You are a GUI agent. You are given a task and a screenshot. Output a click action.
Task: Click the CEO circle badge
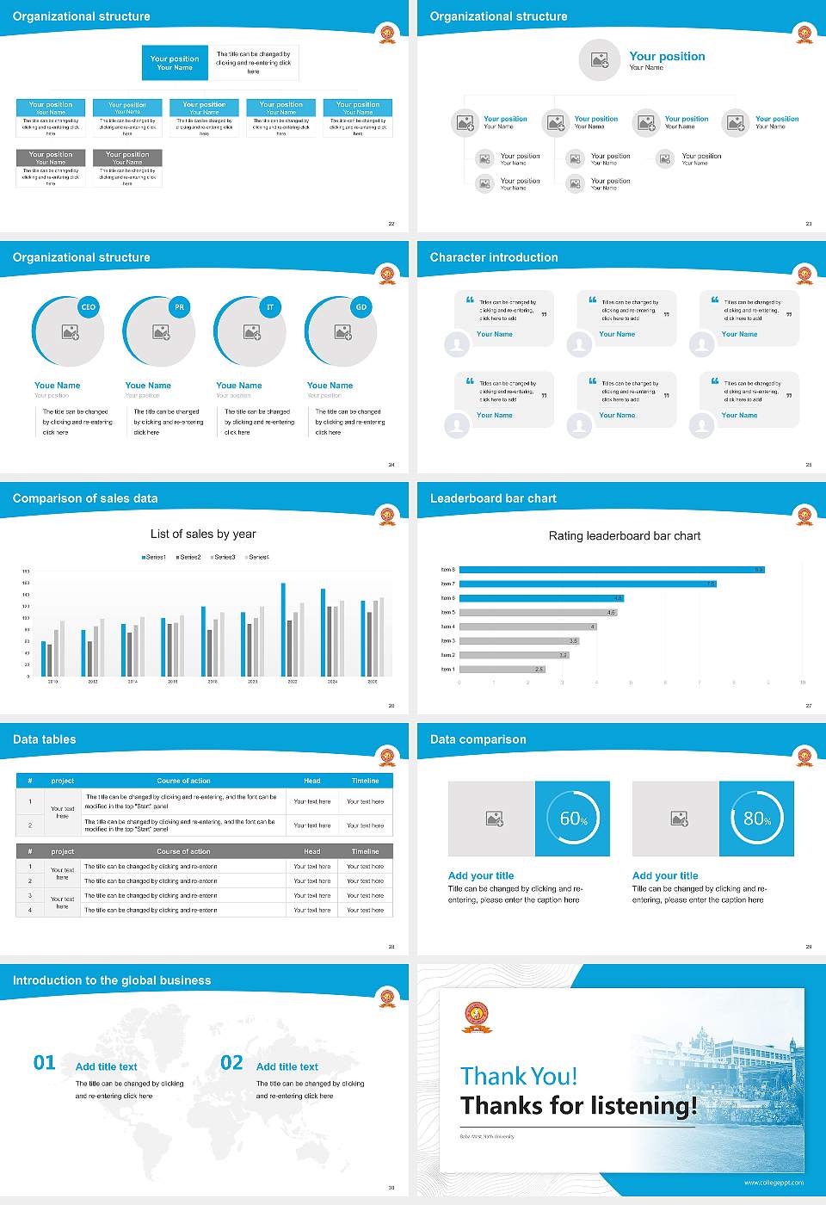[x=89, y=307]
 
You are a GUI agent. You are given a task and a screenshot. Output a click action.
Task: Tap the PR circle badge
[x=179, y=307]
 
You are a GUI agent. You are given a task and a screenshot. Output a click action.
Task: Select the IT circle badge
[x=270, y=307]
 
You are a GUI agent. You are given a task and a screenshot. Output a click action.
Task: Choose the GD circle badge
[x=361, y=307]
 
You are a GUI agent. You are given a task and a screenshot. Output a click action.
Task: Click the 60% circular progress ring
[x=573, y=819]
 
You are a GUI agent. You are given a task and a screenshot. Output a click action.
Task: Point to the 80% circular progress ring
[x=756, y=819]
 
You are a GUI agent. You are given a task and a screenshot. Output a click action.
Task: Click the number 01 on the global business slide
[x=44, y=1063]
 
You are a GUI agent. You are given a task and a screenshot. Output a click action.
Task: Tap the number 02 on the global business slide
[x=231, y=1063]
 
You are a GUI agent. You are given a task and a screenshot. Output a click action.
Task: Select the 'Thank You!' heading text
[x=519, y=1076]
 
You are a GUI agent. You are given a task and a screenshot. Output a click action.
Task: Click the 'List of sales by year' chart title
[x=203, y=535]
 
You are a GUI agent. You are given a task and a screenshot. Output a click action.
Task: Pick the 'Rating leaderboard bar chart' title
[x=625, y=536]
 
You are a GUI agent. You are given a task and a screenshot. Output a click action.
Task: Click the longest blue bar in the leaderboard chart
[x=612, y=570]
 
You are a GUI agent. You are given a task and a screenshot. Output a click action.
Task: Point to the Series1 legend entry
[x=154, y=558]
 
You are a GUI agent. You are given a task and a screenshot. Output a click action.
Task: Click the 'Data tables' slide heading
[x=45, y=739]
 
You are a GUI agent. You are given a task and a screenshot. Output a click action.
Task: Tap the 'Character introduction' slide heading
[x=494, y=257]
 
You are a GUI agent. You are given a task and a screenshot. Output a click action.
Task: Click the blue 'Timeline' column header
[x=365, y=781]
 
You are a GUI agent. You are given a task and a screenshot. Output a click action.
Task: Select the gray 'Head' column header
[x=311, y=851]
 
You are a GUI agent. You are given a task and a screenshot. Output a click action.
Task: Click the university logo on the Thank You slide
[x=478, y=1017]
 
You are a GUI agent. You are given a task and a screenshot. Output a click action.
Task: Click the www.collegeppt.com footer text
[x=774, y=1183]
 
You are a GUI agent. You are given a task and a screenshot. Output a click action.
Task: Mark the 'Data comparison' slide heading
[x=478, y=739]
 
